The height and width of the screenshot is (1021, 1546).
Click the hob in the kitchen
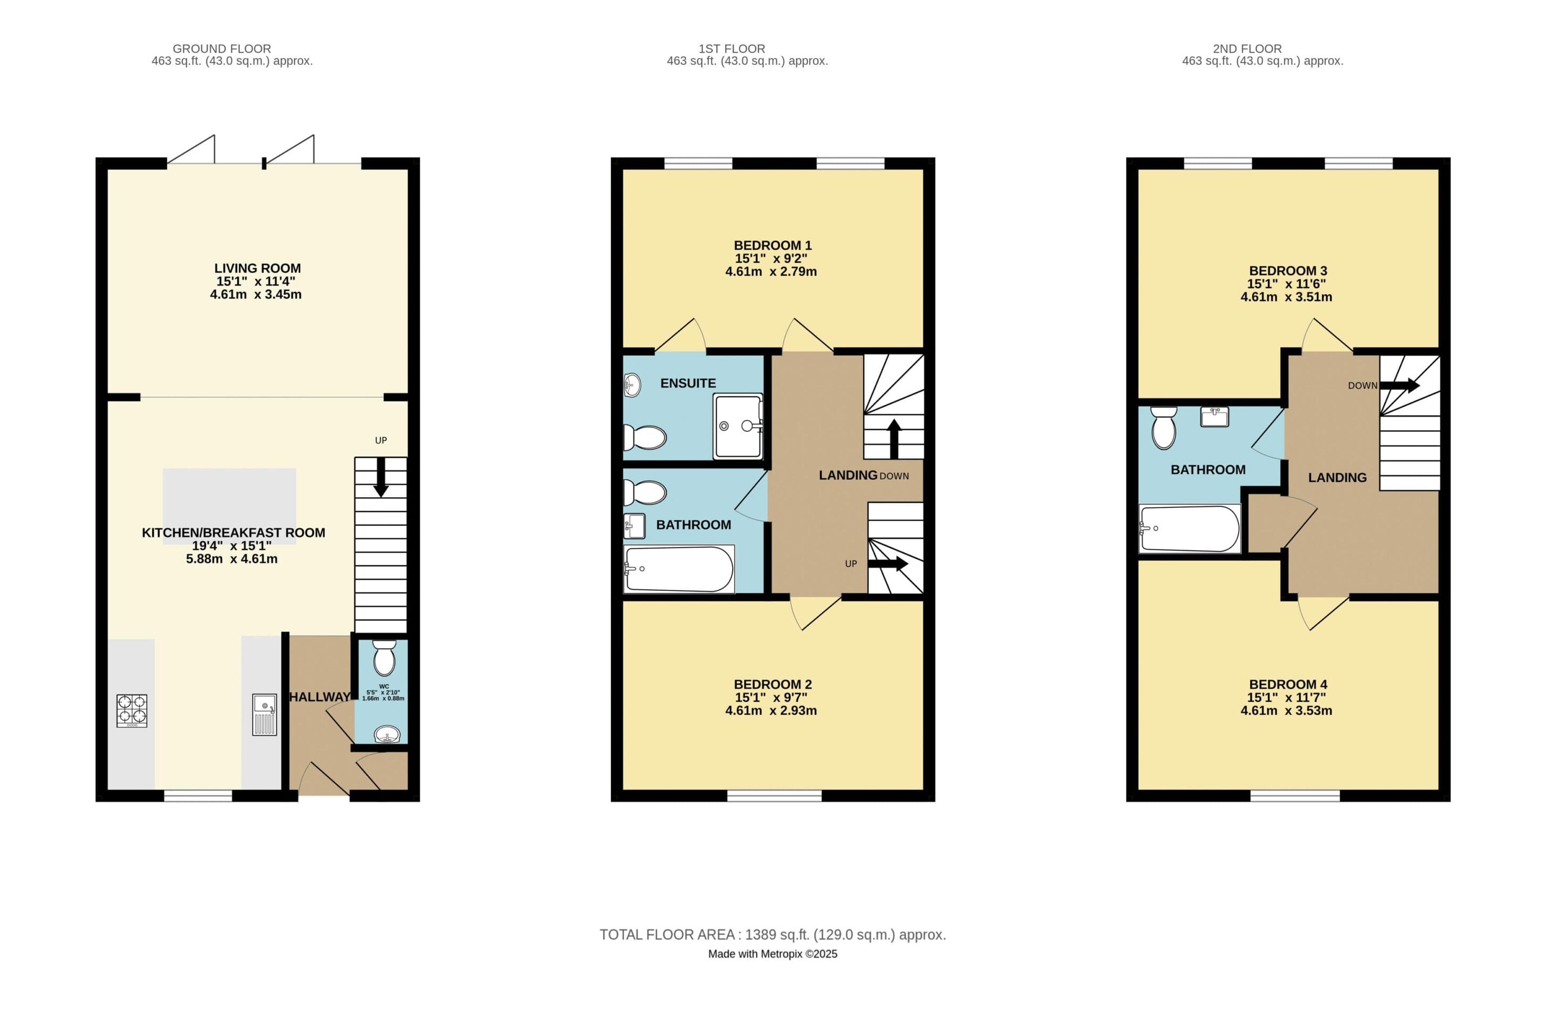coord(131,710)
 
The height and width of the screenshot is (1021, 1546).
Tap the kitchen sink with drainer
coord(264,715)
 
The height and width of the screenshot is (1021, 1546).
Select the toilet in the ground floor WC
coord(384,658)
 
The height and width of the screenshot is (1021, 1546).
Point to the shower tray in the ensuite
coord(738,426)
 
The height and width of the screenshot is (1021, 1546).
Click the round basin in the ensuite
coord(632,385)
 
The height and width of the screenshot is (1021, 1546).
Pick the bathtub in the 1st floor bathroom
coord(679,569)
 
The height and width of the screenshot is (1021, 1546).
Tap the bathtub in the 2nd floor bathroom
coord(1190,529)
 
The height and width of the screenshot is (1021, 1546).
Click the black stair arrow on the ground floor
coord(381,478)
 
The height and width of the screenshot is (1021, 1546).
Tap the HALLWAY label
coord(320,697)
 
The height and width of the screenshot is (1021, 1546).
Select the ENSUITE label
coord(688,383)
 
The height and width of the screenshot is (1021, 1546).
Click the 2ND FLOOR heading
coord(1247,49)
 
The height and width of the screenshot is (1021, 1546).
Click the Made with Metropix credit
coord(772,954)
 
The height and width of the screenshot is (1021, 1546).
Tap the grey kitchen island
coord(229,506)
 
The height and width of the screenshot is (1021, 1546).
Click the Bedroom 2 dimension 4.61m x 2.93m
coord(771,710)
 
